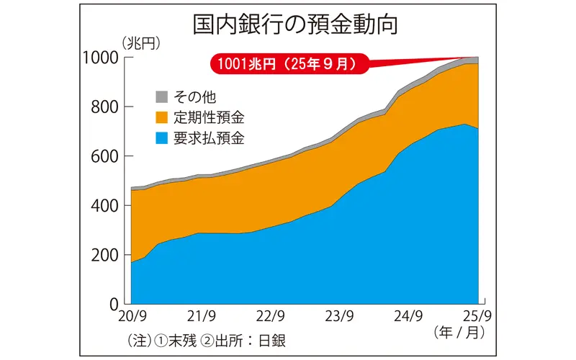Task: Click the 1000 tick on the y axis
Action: (100, 58)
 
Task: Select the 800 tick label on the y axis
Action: (104, 107)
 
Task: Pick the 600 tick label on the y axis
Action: (104, 156)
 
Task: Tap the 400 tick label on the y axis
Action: (104, 206)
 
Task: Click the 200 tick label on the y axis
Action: (104, 255)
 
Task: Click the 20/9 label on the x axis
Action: (132, 317)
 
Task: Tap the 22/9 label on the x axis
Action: (271, 317)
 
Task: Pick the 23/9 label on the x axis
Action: (340, 317)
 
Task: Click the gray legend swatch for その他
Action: (162, 96)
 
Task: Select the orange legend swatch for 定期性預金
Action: (162, 117)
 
